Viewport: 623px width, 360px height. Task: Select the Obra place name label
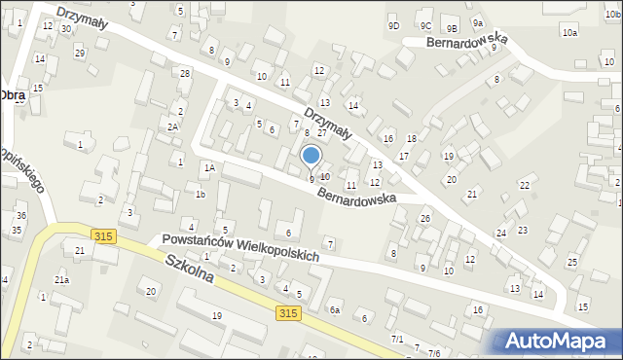pos(13,95)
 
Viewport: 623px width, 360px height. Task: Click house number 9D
pos(393,26)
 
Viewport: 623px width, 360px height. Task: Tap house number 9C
pos(425,26)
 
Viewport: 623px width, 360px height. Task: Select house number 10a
pos(568,33)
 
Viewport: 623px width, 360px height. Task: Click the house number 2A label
pos(172,126)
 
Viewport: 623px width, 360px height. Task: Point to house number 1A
pos(208,167)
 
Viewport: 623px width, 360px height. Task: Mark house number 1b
pos(200,195)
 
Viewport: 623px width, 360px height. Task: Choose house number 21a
pos(61,280)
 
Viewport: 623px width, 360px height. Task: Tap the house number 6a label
pos(334,309)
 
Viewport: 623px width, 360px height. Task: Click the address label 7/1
pos(397,339)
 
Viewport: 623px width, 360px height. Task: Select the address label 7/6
pos(434,352)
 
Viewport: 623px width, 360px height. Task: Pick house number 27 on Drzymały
pos(321,132)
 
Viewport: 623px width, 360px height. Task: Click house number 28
pos(185,74)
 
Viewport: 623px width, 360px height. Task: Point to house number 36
pos(20,215)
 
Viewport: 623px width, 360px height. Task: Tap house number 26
pos(425,219)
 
